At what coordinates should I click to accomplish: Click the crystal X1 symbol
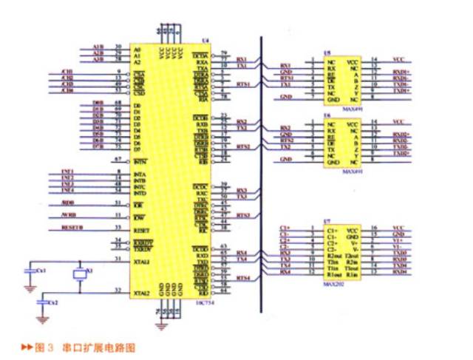[81, 274]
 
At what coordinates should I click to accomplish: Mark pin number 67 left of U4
[118, 160]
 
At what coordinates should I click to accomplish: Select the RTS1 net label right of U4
[243, 84]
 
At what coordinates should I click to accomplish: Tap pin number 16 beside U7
[374, 228]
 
